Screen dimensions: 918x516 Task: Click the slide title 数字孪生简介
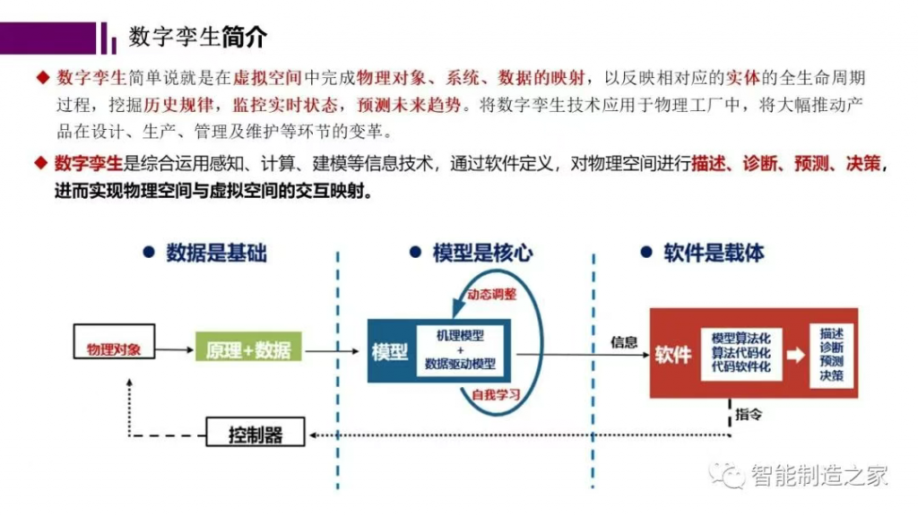[x=198, y=38]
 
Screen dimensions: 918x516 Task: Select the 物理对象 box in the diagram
[x=114, y=341]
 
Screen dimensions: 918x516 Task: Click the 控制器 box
[x=255, y=432]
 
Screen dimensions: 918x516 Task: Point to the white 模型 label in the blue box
[x=390, y=351]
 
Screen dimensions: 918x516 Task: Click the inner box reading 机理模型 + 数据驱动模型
[x=460, y=350]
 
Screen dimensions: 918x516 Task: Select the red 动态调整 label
[x=492, y=294]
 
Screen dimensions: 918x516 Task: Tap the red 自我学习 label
[x=496, y=395]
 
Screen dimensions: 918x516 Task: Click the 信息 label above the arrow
[x=624, y=341]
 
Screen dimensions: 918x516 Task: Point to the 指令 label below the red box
[x=749, y=414]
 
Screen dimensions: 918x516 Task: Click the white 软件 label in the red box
[x=673, y=355]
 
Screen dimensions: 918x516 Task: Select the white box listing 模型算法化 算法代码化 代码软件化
[x=741, y=353]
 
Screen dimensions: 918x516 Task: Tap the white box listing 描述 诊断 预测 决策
[x=831, y=355]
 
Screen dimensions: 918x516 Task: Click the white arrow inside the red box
[x=796, y=355]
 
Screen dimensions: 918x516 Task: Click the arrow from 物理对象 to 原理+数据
[x=175, y=350]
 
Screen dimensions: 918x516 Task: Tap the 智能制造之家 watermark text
[x=819, y=475]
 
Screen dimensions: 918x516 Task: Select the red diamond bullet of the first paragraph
[x=43, y=77]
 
